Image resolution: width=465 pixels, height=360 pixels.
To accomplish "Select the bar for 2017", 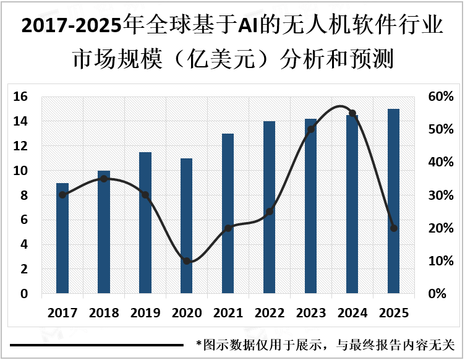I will pyautogui.click(x=62, y=238).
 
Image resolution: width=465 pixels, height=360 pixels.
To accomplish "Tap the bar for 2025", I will pyautogui.click(x=394, y=200).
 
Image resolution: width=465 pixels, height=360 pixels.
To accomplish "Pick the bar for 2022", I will pyautogui.click(x=270, y=207).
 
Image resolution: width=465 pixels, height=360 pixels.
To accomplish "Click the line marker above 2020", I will pyautogui.click(x=187, y=261).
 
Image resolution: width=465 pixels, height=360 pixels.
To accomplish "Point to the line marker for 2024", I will pyautogui.click(x=352, y=113).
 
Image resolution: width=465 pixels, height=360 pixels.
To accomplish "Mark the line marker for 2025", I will pyautogui.click(x=394, y=228).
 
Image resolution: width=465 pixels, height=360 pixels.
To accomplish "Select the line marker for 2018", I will pyautogui.click(x=104, y=179).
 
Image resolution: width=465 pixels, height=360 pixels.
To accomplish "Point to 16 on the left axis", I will pyautogui.click(x=21, y=96).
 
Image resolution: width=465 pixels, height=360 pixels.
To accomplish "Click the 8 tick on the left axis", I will pyautogui.click(x=24, y=195).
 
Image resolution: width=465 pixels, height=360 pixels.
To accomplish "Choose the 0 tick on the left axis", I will pyautogui.click(x=24, y=294).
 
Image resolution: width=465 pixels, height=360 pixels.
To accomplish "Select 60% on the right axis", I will pyautogui.click(x=442, y=96).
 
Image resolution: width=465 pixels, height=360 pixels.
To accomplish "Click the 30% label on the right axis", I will pyautogui.click(x=442, y=195).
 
